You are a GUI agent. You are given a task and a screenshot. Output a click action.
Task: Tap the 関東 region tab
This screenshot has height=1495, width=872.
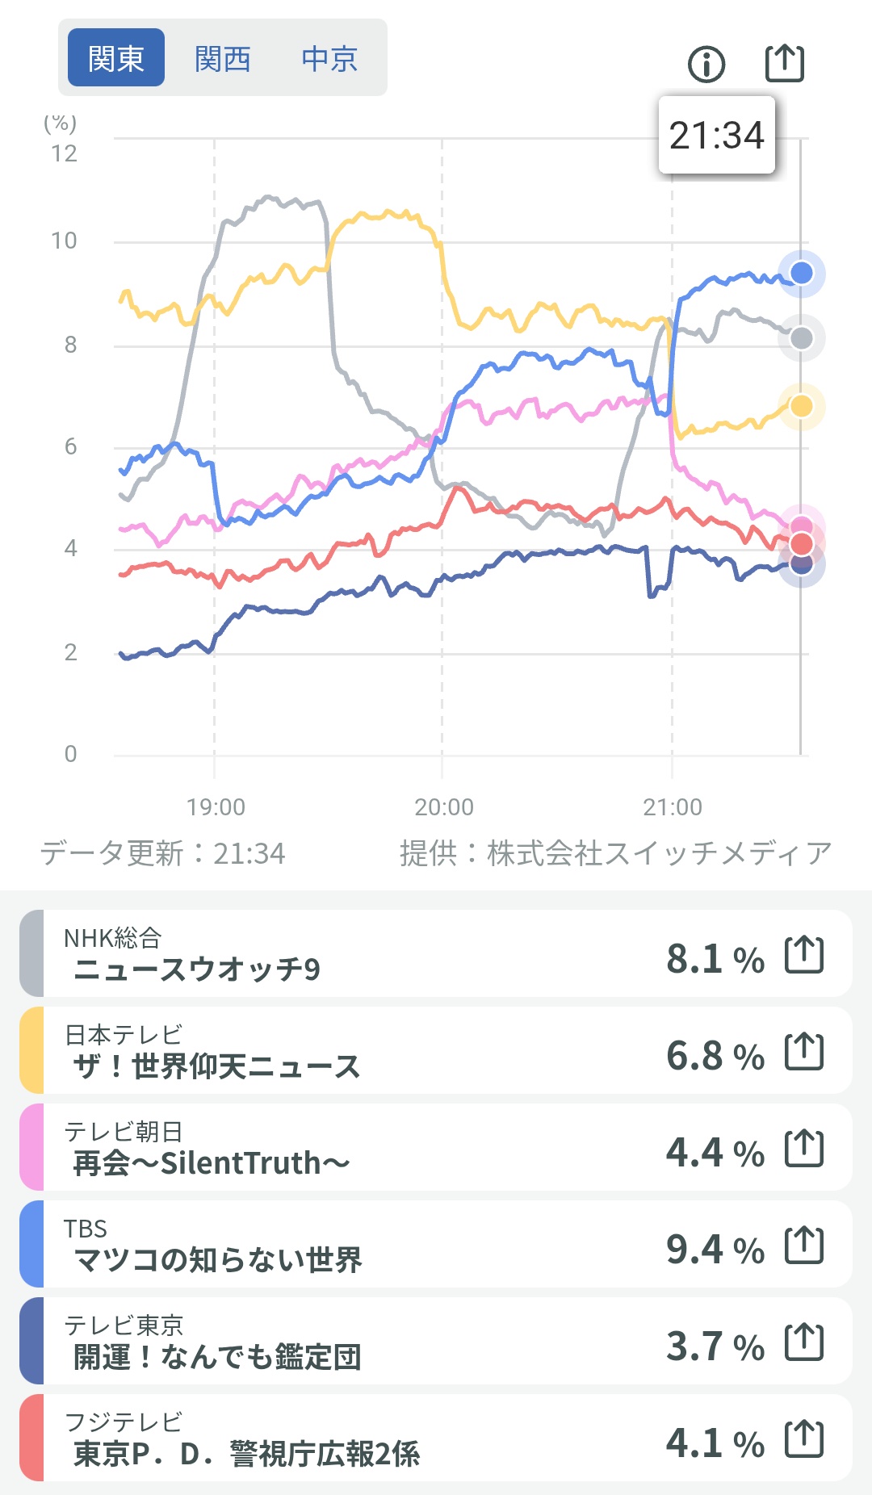(115, 58)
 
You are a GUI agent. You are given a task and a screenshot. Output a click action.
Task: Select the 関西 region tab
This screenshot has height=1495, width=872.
(223, 58)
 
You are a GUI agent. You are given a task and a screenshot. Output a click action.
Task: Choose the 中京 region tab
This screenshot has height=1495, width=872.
(329, 58)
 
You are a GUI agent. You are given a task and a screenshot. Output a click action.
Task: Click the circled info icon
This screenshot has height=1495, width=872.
(706, 64)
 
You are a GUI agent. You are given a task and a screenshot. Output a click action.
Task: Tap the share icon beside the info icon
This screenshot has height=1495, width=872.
(784, 63)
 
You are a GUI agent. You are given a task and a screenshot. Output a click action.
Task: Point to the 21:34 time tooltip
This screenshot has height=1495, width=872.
(716, 135)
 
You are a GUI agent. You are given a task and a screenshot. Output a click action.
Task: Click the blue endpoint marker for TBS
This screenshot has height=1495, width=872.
(801, 273)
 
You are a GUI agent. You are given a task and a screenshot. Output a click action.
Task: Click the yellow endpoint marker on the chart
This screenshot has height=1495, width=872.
(801, 405)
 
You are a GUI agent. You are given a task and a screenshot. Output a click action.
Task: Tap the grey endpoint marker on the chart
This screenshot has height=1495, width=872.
(801, 338)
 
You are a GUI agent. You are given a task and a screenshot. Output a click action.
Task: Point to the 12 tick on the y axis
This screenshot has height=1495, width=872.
(65, 153)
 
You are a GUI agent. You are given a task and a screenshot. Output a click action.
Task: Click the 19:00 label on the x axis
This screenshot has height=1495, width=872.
(216, 806)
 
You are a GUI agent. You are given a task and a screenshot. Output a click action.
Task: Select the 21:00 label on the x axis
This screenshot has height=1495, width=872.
(673, 806)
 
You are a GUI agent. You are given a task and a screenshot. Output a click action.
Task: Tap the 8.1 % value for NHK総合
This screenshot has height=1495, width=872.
(715, 959)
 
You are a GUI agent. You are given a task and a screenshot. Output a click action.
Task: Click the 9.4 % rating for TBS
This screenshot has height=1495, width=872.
(715, 1250)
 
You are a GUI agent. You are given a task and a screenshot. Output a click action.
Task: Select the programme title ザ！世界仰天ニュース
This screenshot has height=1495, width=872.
(216, 1066)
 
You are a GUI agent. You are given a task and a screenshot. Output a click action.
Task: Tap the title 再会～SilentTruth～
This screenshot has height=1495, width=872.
(212, 1163)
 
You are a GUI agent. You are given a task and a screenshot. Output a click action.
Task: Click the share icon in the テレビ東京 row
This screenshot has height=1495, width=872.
(804, 1342)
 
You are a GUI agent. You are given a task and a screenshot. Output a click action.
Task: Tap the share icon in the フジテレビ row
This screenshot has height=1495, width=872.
(804, 1439)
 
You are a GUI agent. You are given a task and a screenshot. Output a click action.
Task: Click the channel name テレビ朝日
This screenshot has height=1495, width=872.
(124, 1132)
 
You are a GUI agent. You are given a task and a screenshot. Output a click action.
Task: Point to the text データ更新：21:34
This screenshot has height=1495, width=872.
(163, 853)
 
